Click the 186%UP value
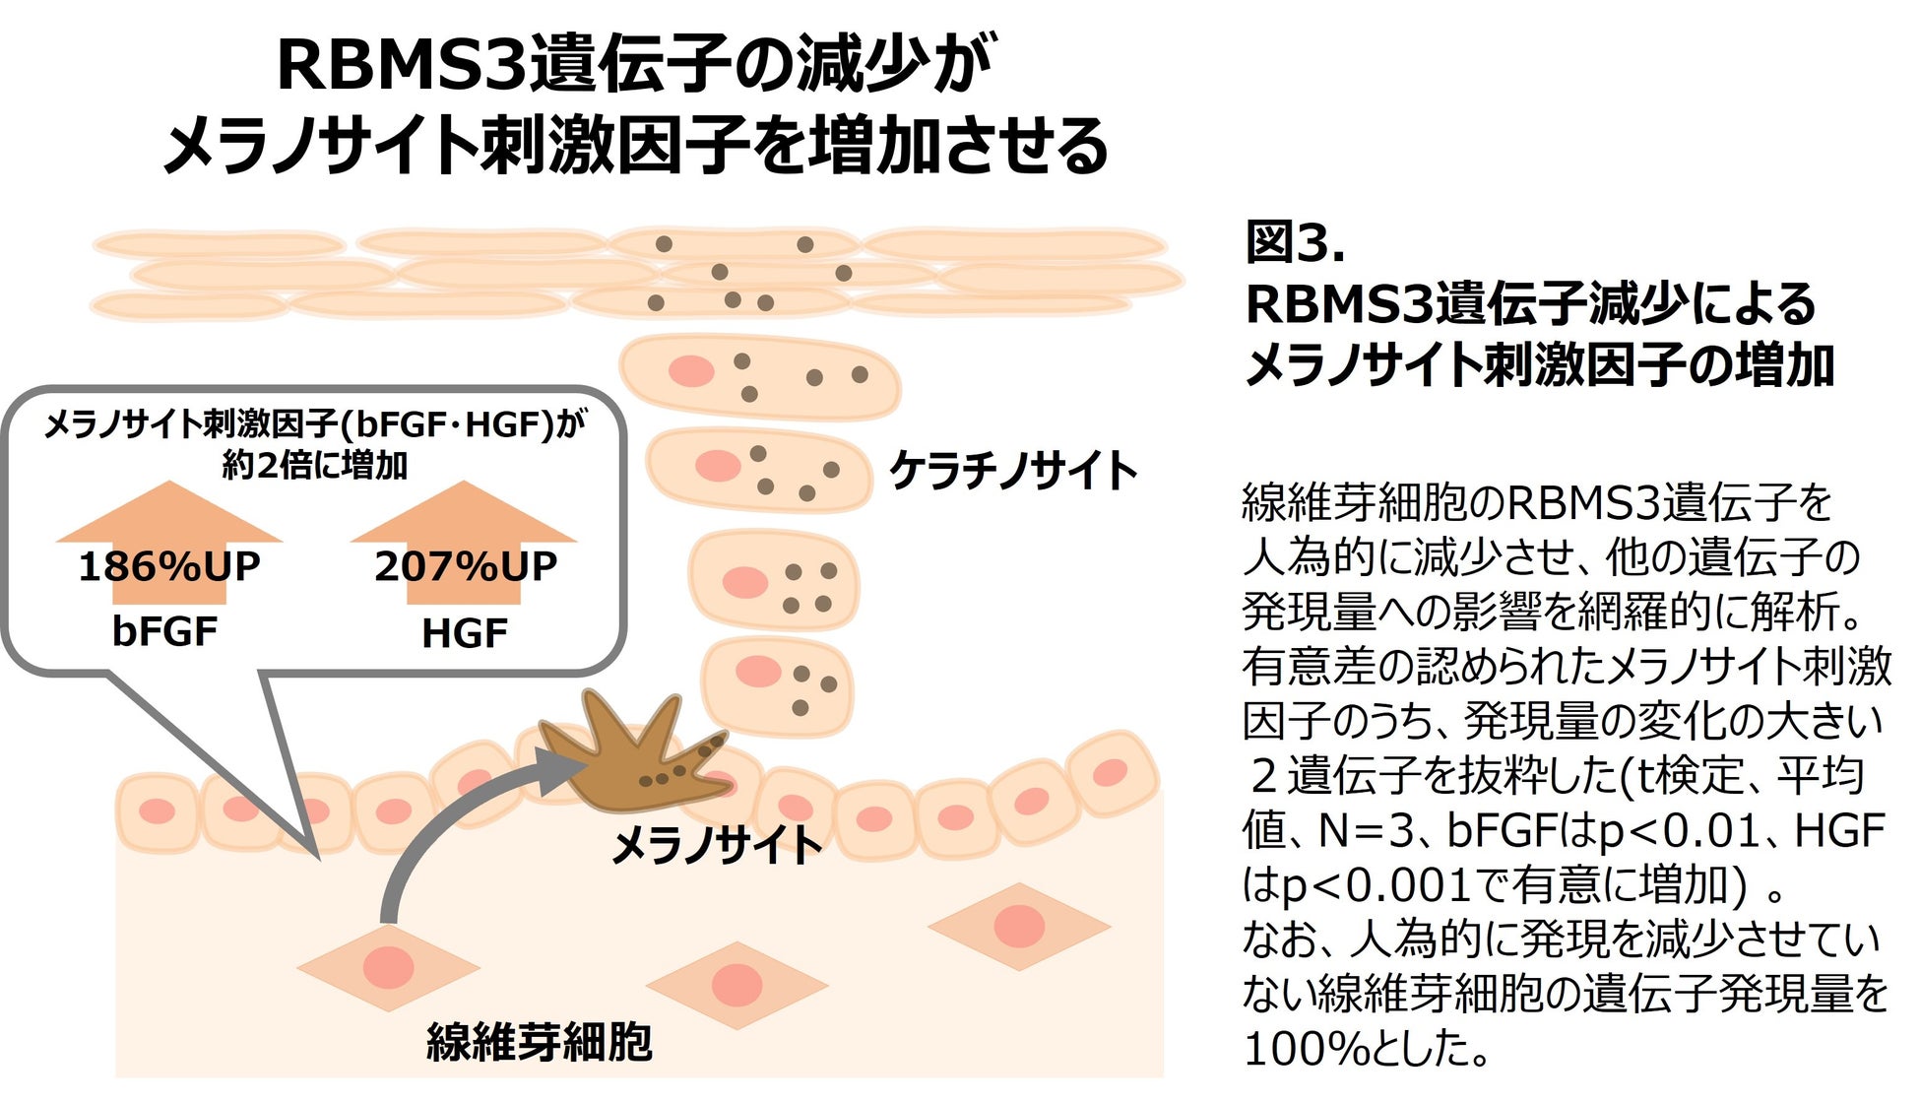pyautogui.click(x=169, y=566)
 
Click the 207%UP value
pyautogui.click(x=465, y=566)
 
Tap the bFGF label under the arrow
pyautogui.click(x=164, y=631)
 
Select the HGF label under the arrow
pyautogui.click(x=464, y=633)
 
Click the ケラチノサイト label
pyautogui.click(x=1013, y=471)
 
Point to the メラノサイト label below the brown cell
pyautogui.click(x=716, y=845)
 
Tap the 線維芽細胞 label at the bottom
pyautogui.click(x=539, y=1042)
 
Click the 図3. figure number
pyautogui.click(x=1295, y=242)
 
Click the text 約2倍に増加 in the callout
pyautogui.click(x=315, y=465)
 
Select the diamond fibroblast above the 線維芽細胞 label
pyautogui.click(x=389, y=967)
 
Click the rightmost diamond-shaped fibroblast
pyautogui.click(x=1019, y=926)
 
